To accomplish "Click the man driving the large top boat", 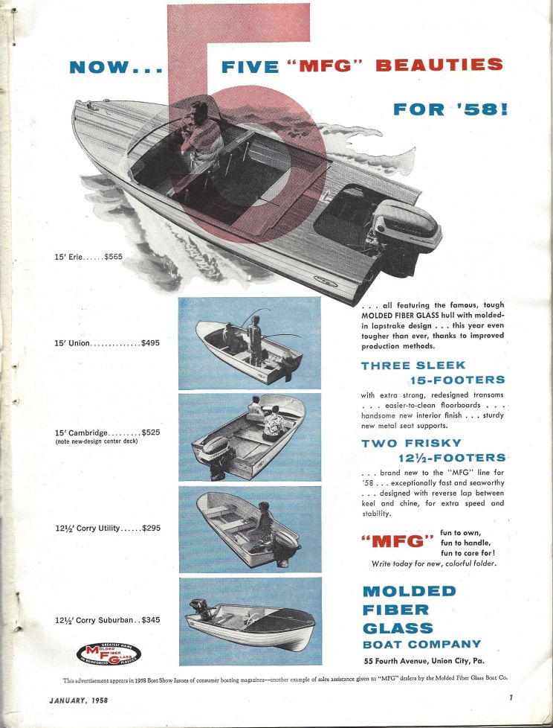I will click(x=197, y=134).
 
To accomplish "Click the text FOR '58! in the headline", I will click(x=450, y=110).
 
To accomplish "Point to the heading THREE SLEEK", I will click(x=413, y=365).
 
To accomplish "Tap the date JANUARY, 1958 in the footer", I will click(x=80, y=700).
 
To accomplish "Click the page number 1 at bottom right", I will click(x=511, y=697).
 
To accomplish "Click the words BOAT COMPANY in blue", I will click(x=421, y=644).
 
